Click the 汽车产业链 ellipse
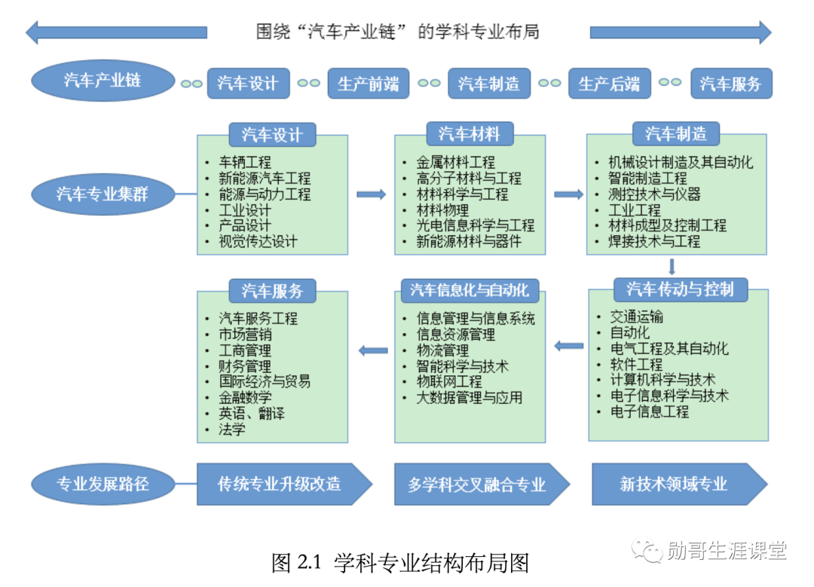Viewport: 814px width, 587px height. coord(103,80)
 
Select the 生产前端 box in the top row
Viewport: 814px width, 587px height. coord(368,84)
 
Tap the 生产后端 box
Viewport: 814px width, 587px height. coord(609,84)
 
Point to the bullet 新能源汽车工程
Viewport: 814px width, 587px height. coord(265,179)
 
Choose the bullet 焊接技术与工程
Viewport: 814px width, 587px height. coord(654,242)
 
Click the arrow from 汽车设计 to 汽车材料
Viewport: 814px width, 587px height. coord(371,194)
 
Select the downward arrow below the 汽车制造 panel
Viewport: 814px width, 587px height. coord(672,267)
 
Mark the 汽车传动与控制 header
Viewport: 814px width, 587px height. coord(680,289)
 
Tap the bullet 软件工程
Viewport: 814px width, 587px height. coord(636,365)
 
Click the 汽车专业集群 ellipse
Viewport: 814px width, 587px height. coord(103,194)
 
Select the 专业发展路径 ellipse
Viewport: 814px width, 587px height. coord(103,484)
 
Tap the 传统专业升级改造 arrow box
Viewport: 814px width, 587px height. coord(283,484)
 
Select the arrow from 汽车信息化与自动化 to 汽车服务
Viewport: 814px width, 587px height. coord(372,350)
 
